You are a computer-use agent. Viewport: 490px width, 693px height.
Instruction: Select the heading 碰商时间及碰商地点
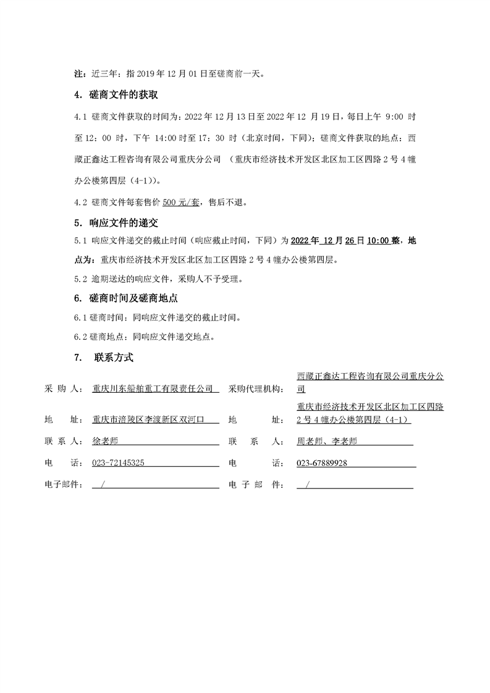tap(130, 298)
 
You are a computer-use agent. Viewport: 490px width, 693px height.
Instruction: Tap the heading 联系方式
tap(114, 357)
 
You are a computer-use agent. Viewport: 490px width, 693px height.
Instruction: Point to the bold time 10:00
tap(378, 241)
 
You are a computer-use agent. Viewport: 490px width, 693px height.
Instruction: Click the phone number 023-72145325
tap(119, 463)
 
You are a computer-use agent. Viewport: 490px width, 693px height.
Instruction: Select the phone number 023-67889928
tap(322, 463)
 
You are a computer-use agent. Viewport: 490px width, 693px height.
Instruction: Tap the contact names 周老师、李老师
tap(327, 442)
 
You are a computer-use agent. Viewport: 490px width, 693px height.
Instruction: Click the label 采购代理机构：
tap(256, 389)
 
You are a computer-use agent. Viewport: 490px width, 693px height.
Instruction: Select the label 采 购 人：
tap(64, 389)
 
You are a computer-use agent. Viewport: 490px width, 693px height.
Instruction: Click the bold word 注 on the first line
tap(78, 74)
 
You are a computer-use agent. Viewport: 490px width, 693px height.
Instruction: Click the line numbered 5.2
tap(158, 279)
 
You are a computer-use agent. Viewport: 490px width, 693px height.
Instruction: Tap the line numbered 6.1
tap(157, 318)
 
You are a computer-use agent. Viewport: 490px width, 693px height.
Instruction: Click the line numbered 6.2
tap(145, 337)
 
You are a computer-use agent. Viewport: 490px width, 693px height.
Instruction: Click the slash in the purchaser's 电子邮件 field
tap(102, 484)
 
